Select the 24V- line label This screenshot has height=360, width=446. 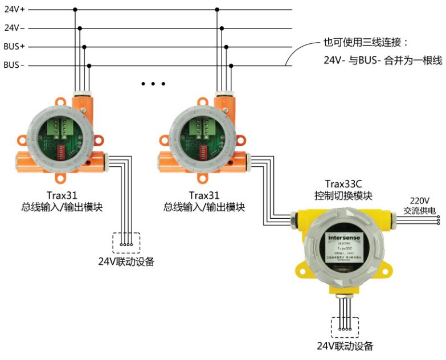coord(14,27)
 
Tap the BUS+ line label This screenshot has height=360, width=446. coord(14,46)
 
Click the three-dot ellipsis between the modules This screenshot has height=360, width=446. coord(153,84)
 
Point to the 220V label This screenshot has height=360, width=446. coord(419,200)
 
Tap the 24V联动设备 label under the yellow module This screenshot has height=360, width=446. coord(345,346)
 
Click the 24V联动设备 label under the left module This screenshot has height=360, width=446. coord(126,262)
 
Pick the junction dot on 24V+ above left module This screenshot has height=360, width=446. coord(75,9)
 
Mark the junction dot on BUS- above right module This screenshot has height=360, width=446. coord(231,66)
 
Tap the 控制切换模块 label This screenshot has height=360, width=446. coord(343,195)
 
